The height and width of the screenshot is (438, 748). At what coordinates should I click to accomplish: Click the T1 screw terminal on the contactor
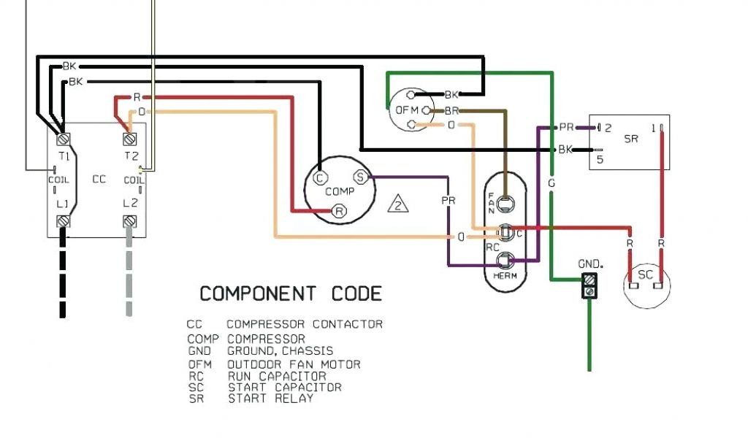tap(63, 138)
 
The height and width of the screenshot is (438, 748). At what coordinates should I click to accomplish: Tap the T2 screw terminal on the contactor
tap(130, 138)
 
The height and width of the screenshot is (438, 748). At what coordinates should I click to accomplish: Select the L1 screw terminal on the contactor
tap(63, 220)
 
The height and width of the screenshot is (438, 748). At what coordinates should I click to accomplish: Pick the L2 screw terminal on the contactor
tap(130, 220)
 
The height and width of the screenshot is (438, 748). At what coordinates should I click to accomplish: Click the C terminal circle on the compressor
tap(318, 177)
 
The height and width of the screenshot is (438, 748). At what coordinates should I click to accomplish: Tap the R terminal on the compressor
tap(339, 211)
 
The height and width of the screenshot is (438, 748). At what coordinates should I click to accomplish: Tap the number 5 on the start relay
tap(600, 159)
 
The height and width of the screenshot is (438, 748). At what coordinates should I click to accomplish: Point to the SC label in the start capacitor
tap(646, 274)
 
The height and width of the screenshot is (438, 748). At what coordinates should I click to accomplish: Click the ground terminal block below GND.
tap(589, 285)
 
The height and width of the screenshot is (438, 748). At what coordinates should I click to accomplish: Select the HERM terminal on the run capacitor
tap(503, 260)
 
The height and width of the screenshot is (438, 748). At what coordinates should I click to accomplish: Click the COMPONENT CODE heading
tap(291, 293)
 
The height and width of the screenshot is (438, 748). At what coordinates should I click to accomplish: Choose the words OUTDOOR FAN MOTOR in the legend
tap(294, 364)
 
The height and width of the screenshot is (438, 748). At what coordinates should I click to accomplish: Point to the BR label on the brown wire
tap(451, 110)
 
